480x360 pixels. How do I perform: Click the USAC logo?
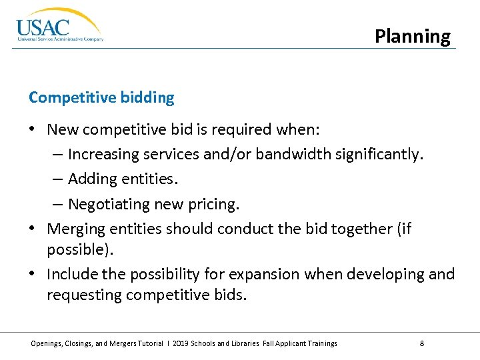[59, 26]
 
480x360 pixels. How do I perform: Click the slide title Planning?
[412, 36]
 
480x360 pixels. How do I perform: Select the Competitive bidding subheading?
[101, 98]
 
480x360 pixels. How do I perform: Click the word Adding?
[91, 179]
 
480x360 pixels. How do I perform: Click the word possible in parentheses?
[72, 250]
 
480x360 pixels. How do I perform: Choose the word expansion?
[267, 274]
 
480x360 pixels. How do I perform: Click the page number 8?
[422, 343]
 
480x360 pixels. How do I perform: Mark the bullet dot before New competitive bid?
[33, 129]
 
